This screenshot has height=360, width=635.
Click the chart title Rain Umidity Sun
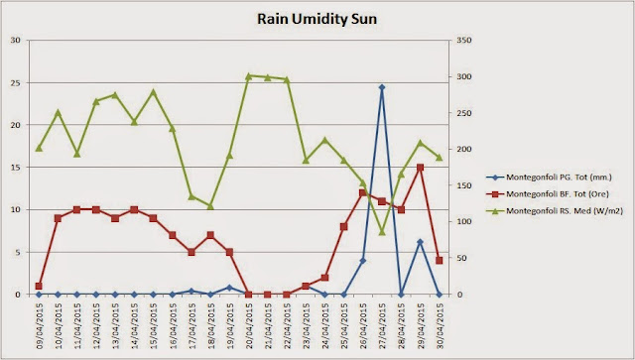tap(317, 19)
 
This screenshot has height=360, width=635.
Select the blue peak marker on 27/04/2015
tap(382, 87)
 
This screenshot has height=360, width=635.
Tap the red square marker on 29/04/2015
tap(420, 168)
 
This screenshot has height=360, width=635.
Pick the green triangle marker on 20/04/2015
tap(249, 75)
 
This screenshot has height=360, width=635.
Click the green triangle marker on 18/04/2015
tap(210, 206)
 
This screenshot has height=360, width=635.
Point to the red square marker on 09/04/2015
tap(39, 286)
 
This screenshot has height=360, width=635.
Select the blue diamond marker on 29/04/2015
tap(420, 242)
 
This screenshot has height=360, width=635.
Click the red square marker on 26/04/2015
tap(363, 192)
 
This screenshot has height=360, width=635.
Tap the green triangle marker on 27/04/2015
tap(382, 232)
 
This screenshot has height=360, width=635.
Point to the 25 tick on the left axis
tap(16, 82)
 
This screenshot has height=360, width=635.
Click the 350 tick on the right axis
tap(464, 40)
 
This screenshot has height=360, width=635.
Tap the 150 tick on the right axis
tap(464, 185)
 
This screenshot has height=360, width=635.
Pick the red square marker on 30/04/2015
tap(439, 261)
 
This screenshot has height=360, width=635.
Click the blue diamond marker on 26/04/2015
tap(363, 261)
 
